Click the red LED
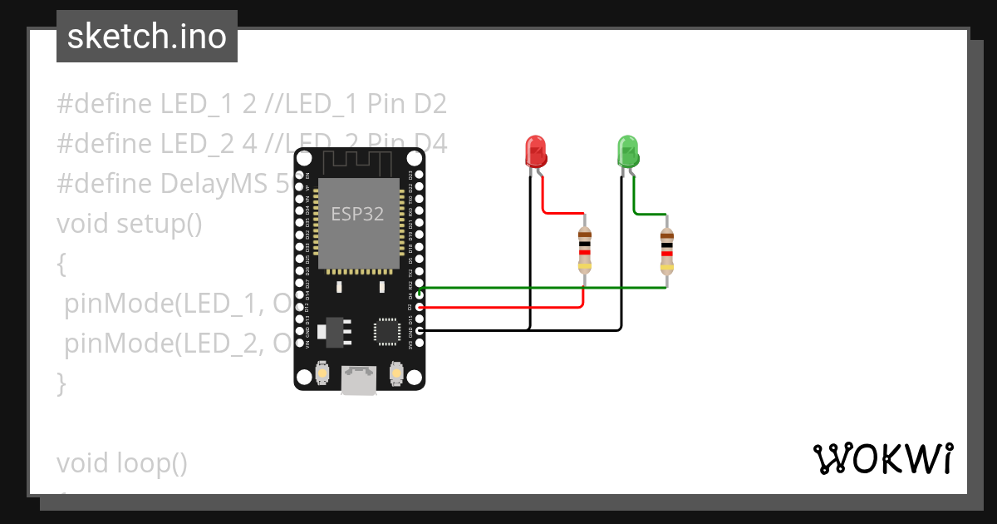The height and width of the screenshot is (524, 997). (x=536, y=151)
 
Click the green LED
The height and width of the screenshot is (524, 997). (x=627, y=151)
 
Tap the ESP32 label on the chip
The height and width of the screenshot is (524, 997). (x=357, y=214)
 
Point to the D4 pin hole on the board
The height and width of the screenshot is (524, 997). (x=420, y=294)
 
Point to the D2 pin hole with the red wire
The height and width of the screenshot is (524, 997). (x=420, y=306)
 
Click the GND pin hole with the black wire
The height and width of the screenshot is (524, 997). (x=420, y=330)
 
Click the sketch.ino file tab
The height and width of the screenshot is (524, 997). (x=147, y=37)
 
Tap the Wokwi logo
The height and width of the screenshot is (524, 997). (x=882, y=459)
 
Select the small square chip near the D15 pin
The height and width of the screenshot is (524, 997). (x=386, y=330)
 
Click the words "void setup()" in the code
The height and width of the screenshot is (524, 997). (x=130, y=224)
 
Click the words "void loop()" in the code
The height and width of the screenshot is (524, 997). (x=122, y=462)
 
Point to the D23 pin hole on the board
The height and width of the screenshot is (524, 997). (x=420, y=175)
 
